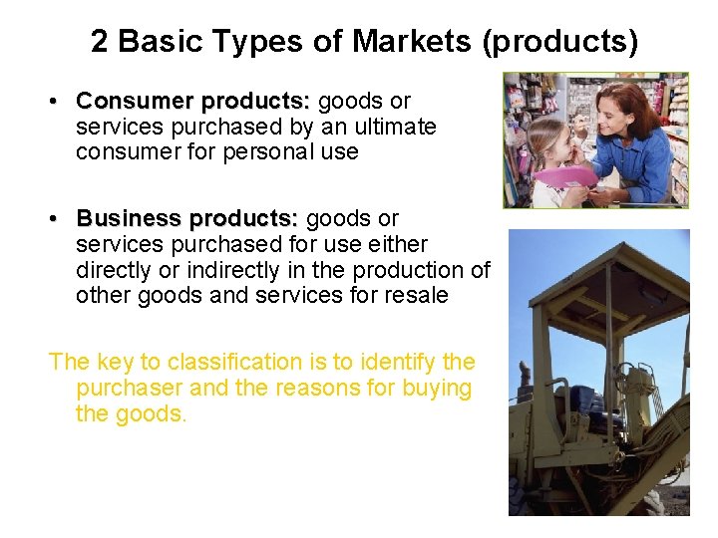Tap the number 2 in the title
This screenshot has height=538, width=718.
(99, 41)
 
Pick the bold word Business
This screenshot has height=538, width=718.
(129, 218)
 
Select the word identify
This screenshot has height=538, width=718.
(395, 362)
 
